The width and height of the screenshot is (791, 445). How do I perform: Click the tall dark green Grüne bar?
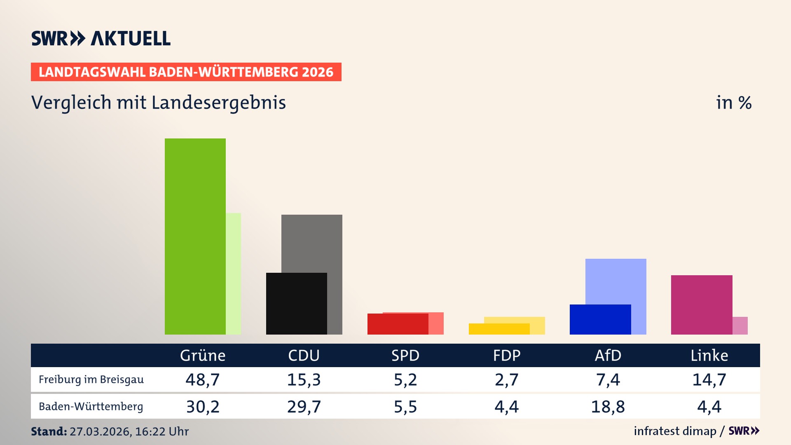(x=195, y=236)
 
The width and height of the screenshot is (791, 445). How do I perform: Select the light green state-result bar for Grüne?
(x=233, y=274)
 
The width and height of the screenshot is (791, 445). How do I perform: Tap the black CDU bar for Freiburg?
(x=296, y=303)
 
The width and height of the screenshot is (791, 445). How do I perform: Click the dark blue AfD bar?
(x=600, y=319)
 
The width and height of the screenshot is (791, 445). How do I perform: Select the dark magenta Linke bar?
(x=701, y=304)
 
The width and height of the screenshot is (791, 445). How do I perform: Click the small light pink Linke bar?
(x=740, y=326)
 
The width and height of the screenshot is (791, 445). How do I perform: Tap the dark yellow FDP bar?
(x=498, y=329)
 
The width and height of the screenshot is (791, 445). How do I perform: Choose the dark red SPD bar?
(x=397, y=324)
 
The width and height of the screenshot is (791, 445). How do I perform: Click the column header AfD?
(x=608, y=355)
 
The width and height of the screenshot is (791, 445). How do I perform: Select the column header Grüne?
(x=203, y=355)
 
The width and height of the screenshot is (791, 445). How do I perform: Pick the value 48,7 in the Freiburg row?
(x=203, y=379)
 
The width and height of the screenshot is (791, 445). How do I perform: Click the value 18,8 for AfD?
(x=608, y=407)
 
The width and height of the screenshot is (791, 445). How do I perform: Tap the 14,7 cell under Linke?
(x=709, y=379)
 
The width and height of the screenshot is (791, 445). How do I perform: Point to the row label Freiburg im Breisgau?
(x=91, y=379)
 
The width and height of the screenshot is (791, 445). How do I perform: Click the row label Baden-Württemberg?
(x=91, y=407)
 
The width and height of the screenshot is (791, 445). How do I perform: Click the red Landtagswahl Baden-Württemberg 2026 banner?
(x=186, y=72)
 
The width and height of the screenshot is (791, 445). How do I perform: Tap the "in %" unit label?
(x=733, y=103)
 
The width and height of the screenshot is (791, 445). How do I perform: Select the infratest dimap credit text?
(x=675, y=431)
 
